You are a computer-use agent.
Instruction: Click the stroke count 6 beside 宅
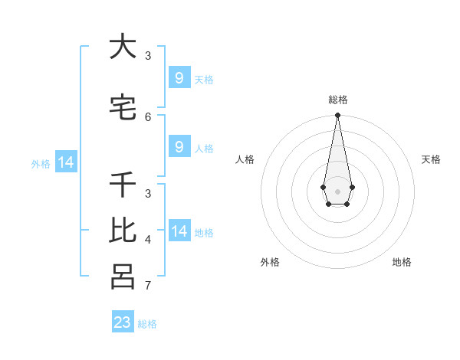[148, 116]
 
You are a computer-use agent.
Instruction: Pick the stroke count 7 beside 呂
[148, 286]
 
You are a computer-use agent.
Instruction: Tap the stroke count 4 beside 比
[148, 240]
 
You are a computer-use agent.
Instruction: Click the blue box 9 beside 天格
[179, 78]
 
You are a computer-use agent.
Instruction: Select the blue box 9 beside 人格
[179, 147]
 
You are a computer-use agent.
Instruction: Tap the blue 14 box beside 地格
[179, 231]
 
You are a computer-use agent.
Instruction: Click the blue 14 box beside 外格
[65, 162]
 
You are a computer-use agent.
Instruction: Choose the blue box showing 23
[123, 322]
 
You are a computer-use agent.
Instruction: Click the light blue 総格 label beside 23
[148, 324]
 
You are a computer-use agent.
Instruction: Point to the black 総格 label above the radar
[337, 100]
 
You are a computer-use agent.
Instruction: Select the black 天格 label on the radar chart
[431, 159]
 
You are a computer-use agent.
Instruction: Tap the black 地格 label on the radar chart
[402, 262]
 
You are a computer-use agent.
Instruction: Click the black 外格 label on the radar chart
[270, 262]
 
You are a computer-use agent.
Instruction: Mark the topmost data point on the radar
[337, 116]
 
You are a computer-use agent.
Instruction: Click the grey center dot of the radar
[337, 190]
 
